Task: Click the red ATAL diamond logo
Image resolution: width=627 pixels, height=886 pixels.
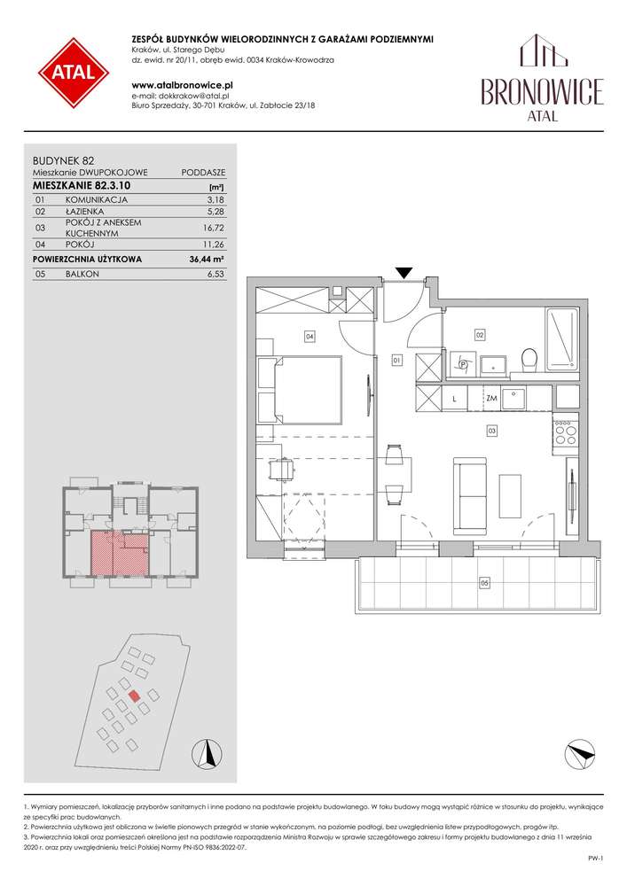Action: tap(74, 73)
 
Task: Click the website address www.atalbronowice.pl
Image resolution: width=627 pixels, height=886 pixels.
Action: tap(182, 85)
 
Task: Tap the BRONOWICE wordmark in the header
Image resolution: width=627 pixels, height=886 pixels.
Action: tap(542, 91)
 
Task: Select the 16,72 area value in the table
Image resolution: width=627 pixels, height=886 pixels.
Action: tap(214, 228)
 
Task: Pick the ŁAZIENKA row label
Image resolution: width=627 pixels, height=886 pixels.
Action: tap(85, 212)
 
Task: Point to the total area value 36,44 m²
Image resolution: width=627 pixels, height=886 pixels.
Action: tap(207, 260)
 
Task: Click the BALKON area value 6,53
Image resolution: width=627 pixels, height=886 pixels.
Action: tap(216, 274)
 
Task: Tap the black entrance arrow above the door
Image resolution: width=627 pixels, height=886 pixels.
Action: tap(404, 272)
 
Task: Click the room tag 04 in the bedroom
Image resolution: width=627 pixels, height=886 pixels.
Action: tap(310, 337)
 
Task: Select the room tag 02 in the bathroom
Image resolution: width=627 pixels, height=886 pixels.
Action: tap(480, 336)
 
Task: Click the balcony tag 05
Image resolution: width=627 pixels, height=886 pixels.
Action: tap(484, 583)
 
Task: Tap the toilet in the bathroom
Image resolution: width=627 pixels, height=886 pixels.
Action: tap(529, 360)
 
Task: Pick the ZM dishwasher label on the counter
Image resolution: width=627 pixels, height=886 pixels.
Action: tap(491, 399)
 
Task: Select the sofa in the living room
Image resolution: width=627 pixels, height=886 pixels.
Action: tap(470, 496)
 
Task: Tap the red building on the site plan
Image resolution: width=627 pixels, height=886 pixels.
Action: tap(134, 696)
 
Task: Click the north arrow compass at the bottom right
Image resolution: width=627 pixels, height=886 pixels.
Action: tap(580, 754)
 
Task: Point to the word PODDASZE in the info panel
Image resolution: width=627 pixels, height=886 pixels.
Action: tap(204, 173)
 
